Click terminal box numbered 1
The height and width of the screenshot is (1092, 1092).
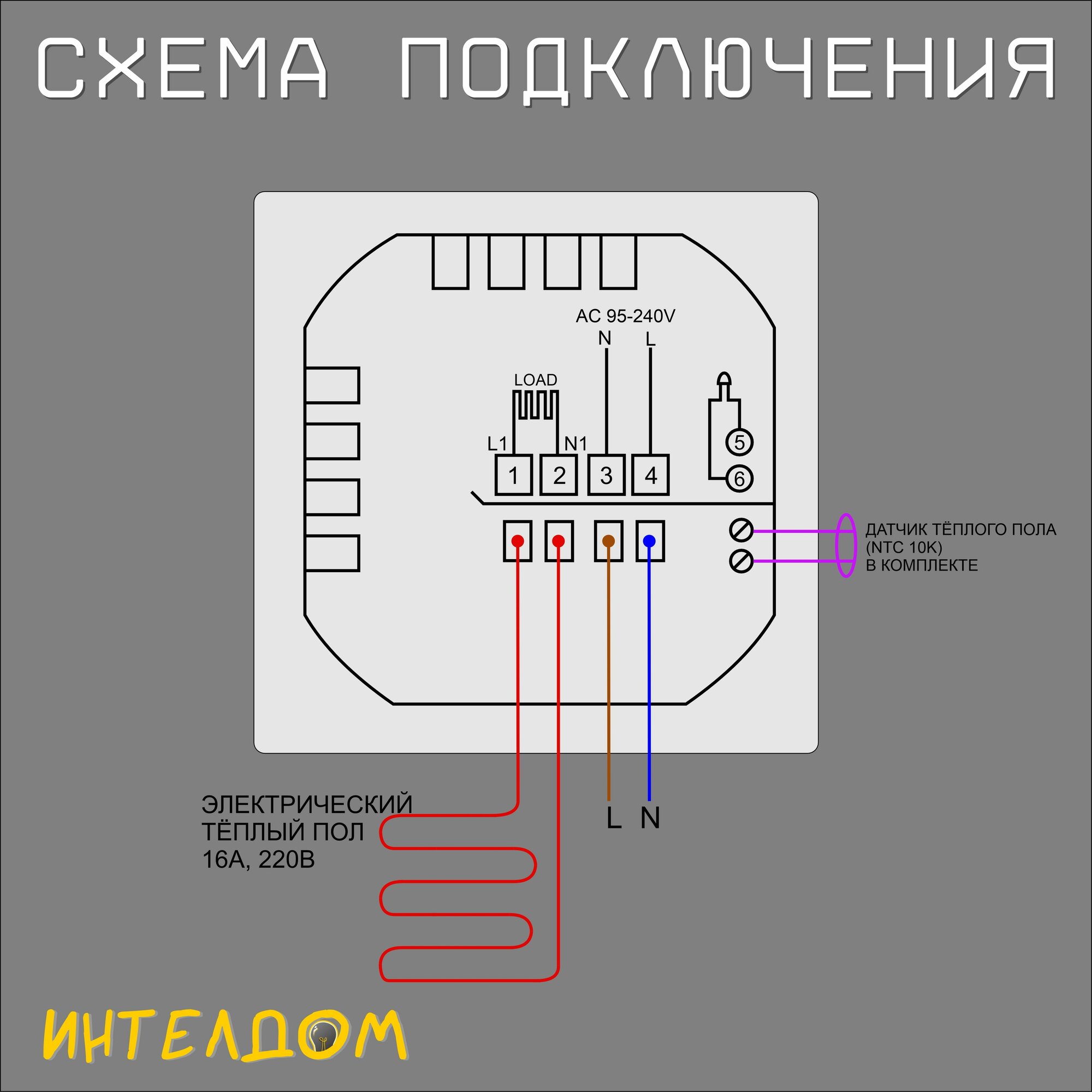pos(513,476)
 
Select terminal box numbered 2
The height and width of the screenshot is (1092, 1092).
pos(559,476)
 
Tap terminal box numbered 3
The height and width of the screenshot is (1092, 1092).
pos(606,476)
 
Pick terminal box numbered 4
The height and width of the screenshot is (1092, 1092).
pos(651,476)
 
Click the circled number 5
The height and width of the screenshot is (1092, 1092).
pos(739,442)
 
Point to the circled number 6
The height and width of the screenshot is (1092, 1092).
pos(739,479)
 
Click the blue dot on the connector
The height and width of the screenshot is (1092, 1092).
pos(649,541)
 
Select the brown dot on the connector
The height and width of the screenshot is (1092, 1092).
pos(608,541)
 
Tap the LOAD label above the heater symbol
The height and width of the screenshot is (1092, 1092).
pos(535,380)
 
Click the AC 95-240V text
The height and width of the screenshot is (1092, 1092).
pos(625,316)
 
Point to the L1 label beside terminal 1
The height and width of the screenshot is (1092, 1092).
pos(497,444)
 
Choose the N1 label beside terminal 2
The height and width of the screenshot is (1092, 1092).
pos(575,444)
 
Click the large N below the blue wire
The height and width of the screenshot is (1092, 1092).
pos(650,818)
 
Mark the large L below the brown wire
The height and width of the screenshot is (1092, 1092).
pos(614,818)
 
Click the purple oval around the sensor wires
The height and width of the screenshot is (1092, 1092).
pos(846,545)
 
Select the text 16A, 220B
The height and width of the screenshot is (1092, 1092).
pos(258,860)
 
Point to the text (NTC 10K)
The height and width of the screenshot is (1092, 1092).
pos(904,547)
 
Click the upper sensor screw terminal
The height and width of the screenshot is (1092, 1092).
pos(741,530)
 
